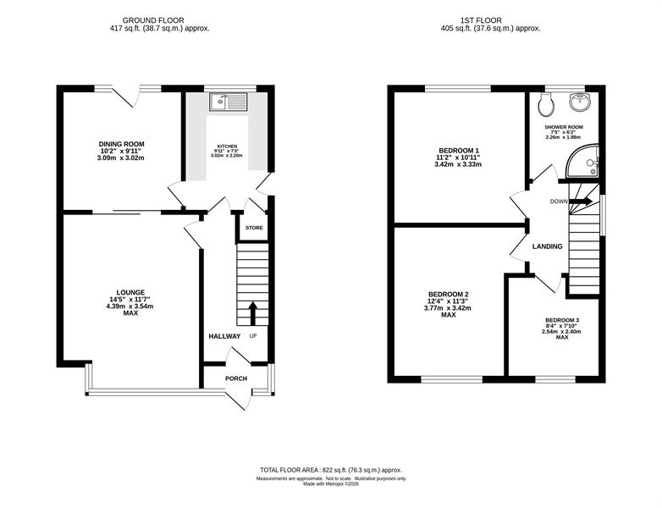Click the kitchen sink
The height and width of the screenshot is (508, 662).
pyautogui.click(x=228, y=102)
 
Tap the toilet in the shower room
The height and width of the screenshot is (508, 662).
pyautogui.click(x=546, y=104)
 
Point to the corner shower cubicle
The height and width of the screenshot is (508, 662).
pyautogui.click(x=582, y=161)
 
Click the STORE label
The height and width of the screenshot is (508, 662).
pyautogui.click(x=254, y=228)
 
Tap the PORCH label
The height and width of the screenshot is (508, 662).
pyautogui.click(x=236, y=378)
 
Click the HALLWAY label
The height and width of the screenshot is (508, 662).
pyautogui.click(x=224, y=336)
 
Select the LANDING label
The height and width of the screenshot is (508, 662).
pyautogui.click(x=547, y=246)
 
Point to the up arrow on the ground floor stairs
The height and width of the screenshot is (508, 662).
pyautogui.click(x=253, y=313)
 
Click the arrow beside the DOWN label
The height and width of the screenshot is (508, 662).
pyautogui.click(x=581, y=202)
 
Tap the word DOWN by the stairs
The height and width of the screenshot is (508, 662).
pyautogui.click(x=559, y=202)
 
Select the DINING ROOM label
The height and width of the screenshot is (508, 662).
pyautogui.click(x=122, y=144)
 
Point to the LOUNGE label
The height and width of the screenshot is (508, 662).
pyautogui.click(x=130, y=292)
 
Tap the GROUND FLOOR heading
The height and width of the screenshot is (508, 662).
pyautogui.click(x=153, y=20)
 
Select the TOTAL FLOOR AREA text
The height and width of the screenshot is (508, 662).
pyautogui.click(x=331, y=470)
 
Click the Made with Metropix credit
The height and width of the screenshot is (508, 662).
pyautogui.click(x=331, y=484)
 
